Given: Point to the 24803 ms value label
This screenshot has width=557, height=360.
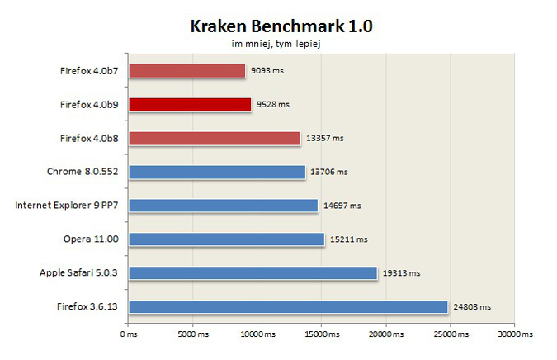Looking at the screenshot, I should pyautogui.click(x=472, y=307).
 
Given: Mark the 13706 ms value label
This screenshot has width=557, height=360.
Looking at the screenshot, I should pyautogui.click(x=330, y=172).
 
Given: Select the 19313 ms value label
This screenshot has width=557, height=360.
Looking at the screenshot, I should pyautogui.click(x=401, y=273).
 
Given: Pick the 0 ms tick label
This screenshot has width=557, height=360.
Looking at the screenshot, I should pyautogui.click(x=128, y=334).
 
